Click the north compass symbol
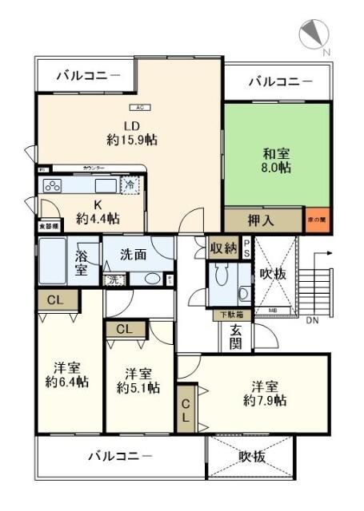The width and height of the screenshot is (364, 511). click(314, 34)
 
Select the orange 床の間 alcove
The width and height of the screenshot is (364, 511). click(317, 220)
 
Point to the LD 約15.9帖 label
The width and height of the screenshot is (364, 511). click(131, 132)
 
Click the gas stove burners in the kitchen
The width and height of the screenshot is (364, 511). click(53, 186)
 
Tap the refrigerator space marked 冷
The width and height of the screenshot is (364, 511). click(130, 184)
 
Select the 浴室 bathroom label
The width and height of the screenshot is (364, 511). click(82, 263)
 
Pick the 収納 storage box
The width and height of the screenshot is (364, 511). click(223, 248)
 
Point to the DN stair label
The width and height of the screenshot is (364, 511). click(311, 320)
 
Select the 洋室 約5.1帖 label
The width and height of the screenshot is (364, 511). click(138, 380)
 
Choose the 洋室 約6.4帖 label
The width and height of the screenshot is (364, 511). click(67, 374)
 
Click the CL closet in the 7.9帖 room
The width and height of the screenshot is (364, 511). click(186, 408)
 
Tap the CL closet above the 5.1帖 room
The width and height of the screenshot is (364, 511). click(125, 329)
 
